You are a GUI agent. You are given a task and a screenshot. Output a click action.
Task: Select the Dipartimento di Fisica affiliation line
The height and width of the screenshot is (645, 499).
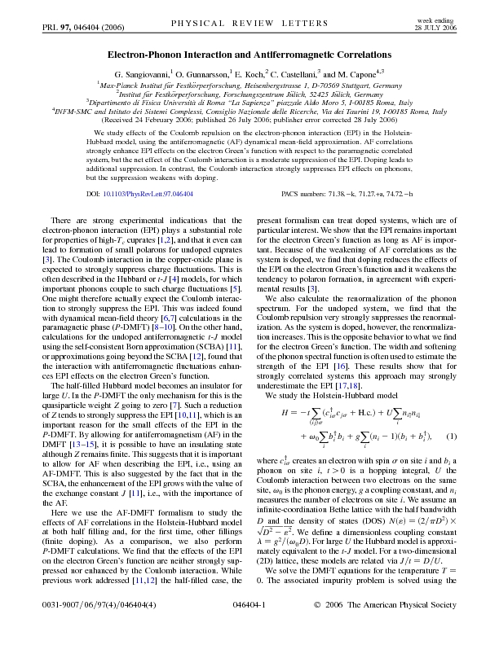pos(249,103)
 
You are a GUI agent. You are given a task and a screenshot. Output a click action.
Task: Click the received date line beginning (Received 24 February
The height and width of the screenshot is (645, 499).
pos(249,121)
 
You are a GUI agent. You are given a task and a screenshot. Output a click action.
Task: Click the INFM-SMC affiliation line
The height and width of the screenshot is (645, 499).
pos(249,112)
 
